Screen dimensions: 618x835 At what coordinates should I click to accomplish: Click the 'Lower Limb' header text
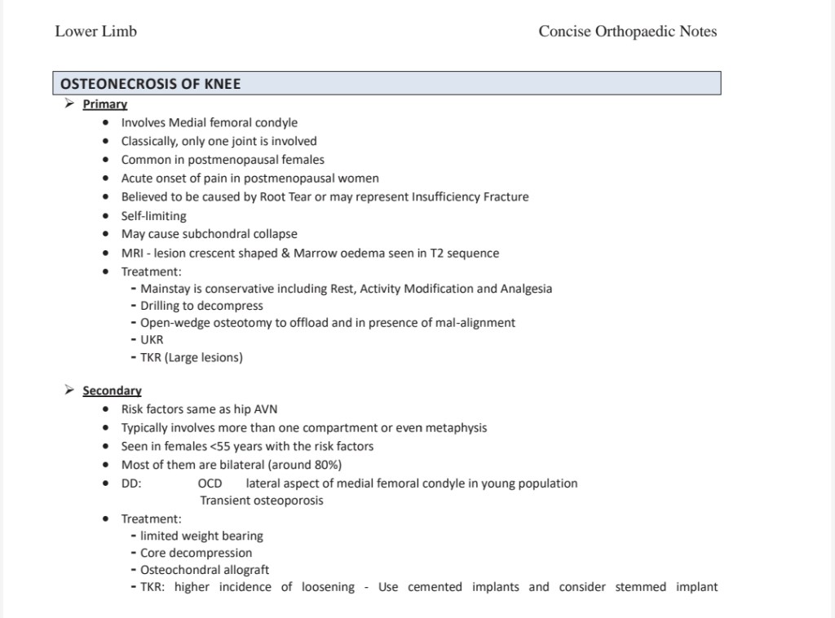95,32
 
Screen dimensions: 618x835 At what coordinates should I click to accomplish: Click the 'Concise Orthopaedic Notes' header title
627,32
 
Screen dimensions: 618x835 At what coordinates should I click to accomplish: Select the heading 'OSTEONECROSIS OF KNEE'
151,84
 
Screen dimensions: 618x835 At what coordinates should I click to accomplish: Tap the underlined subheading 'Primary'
105,104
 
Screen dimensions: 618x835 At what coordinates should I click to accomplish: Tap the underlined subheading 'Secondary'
112,391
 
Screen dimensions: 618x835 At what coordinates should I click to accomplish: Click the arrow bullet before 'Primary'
70,104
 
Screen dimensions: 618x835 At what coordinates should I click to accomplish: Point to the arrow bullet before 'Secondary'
70,390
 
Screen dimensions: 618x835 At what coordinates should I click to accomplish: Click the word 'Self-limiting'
153,216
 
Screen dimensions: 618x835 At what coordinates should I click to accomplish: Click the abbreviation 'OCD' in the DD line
210,483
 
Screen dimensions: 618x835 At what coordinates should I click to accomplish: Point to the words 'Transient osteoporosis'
262,501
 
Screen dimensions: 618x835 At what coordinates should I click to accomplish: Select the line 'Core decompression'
197,553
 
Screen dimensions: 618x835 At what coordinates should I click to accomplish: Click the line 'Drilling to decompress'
201,306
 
